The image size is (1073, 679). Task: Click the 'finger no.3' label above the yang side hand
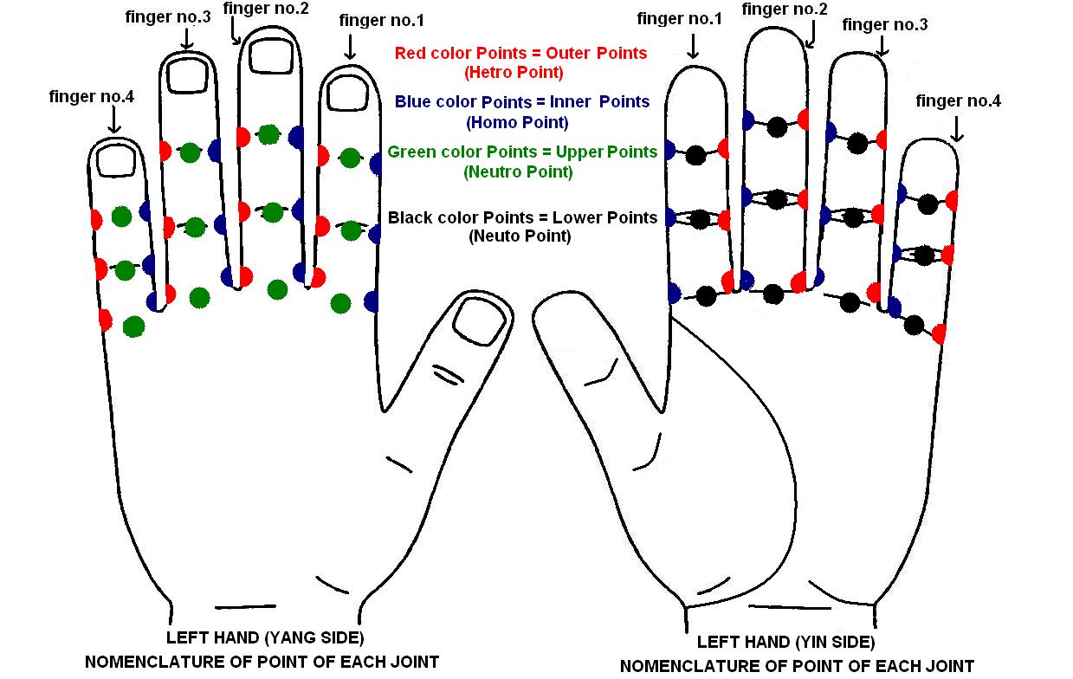tap(168, 17)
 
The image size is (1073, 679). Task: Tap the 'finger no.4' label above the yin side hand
tap(958, 101)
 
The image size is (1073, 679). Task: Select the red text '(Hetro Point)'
tap(514, 72)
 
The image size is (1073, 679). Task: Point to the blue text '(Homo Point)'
tap(517, 122)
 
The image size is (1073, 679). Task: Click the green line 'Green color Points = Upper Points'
tap(522, 152)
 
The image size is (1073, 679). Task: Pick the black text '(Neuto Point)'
tap(520, 236)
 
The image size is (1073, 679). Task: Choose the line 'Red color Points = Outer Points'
tap(520, 53)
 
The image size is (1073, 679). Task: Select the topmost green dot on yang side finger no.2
tap(269, 134)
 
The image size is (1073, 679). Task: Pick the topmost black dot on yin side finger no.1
tap(696, 156)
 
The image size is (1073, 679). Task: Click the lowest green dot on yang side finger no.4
tap(133, 327)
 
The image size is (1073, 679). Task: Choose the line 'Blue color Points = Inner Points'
tap(521, 102)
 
